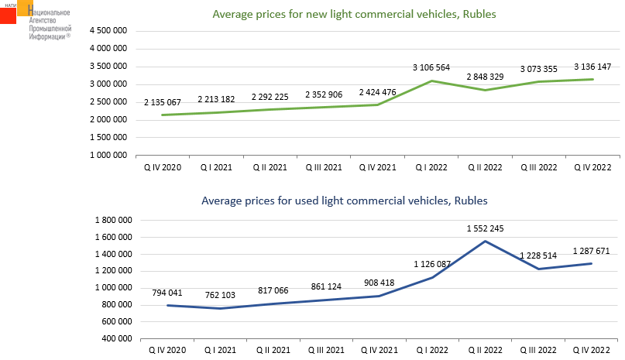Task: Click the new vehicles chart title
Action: [354, 14]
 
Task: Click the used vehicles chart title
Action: [345, 201]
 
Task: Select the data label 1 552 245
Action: [485, 228]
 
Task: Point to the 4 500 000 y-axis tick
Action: [109, 31]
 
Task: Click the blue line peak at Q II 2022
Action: [486, 241]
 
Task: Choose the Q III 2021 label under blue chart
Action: [324, 349]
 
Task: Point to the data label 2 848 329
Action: [486, 77]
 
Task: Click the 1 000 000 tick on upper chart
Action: [109, 155]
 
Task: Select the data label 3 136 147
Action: [592, 66]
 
